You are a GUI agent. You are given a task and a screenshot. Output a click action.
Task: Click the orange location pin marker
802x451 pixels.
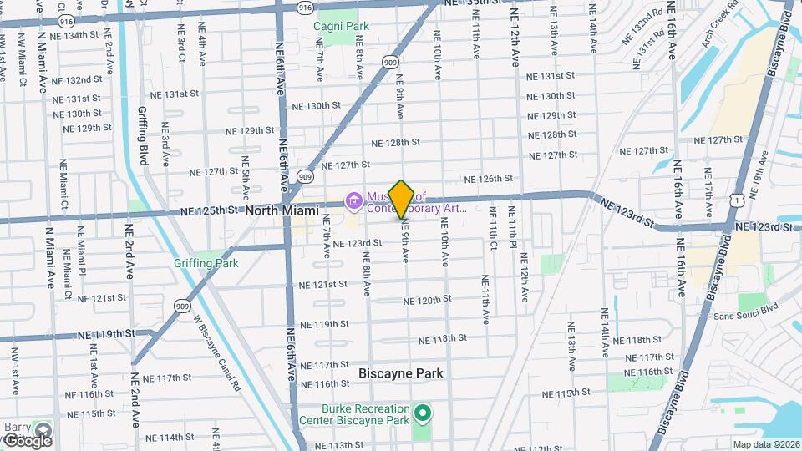[401, 199]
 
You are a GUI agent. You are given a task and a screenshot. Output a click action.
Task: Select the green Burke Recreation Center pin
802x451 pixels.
[423, 413]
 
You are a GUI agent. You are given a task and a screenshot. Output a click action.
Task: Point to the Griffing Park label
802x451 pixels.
[206, 263]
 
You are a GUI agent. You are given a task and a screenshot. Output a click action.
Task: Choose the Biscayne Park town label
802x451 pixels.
[400, 373]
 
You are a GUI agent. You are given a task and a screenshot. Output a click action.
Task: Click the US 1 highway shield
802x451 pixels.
[735, 199]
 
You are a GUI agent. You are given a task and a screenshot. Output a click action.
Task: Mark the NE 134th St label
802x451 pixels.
[79, 35]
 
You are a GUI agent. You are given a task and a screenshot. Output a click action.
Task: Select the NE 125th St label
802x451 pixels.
[209, 212]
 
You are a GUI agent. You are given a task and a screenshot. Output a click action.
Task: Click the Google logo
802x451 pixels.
[27, 440]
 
